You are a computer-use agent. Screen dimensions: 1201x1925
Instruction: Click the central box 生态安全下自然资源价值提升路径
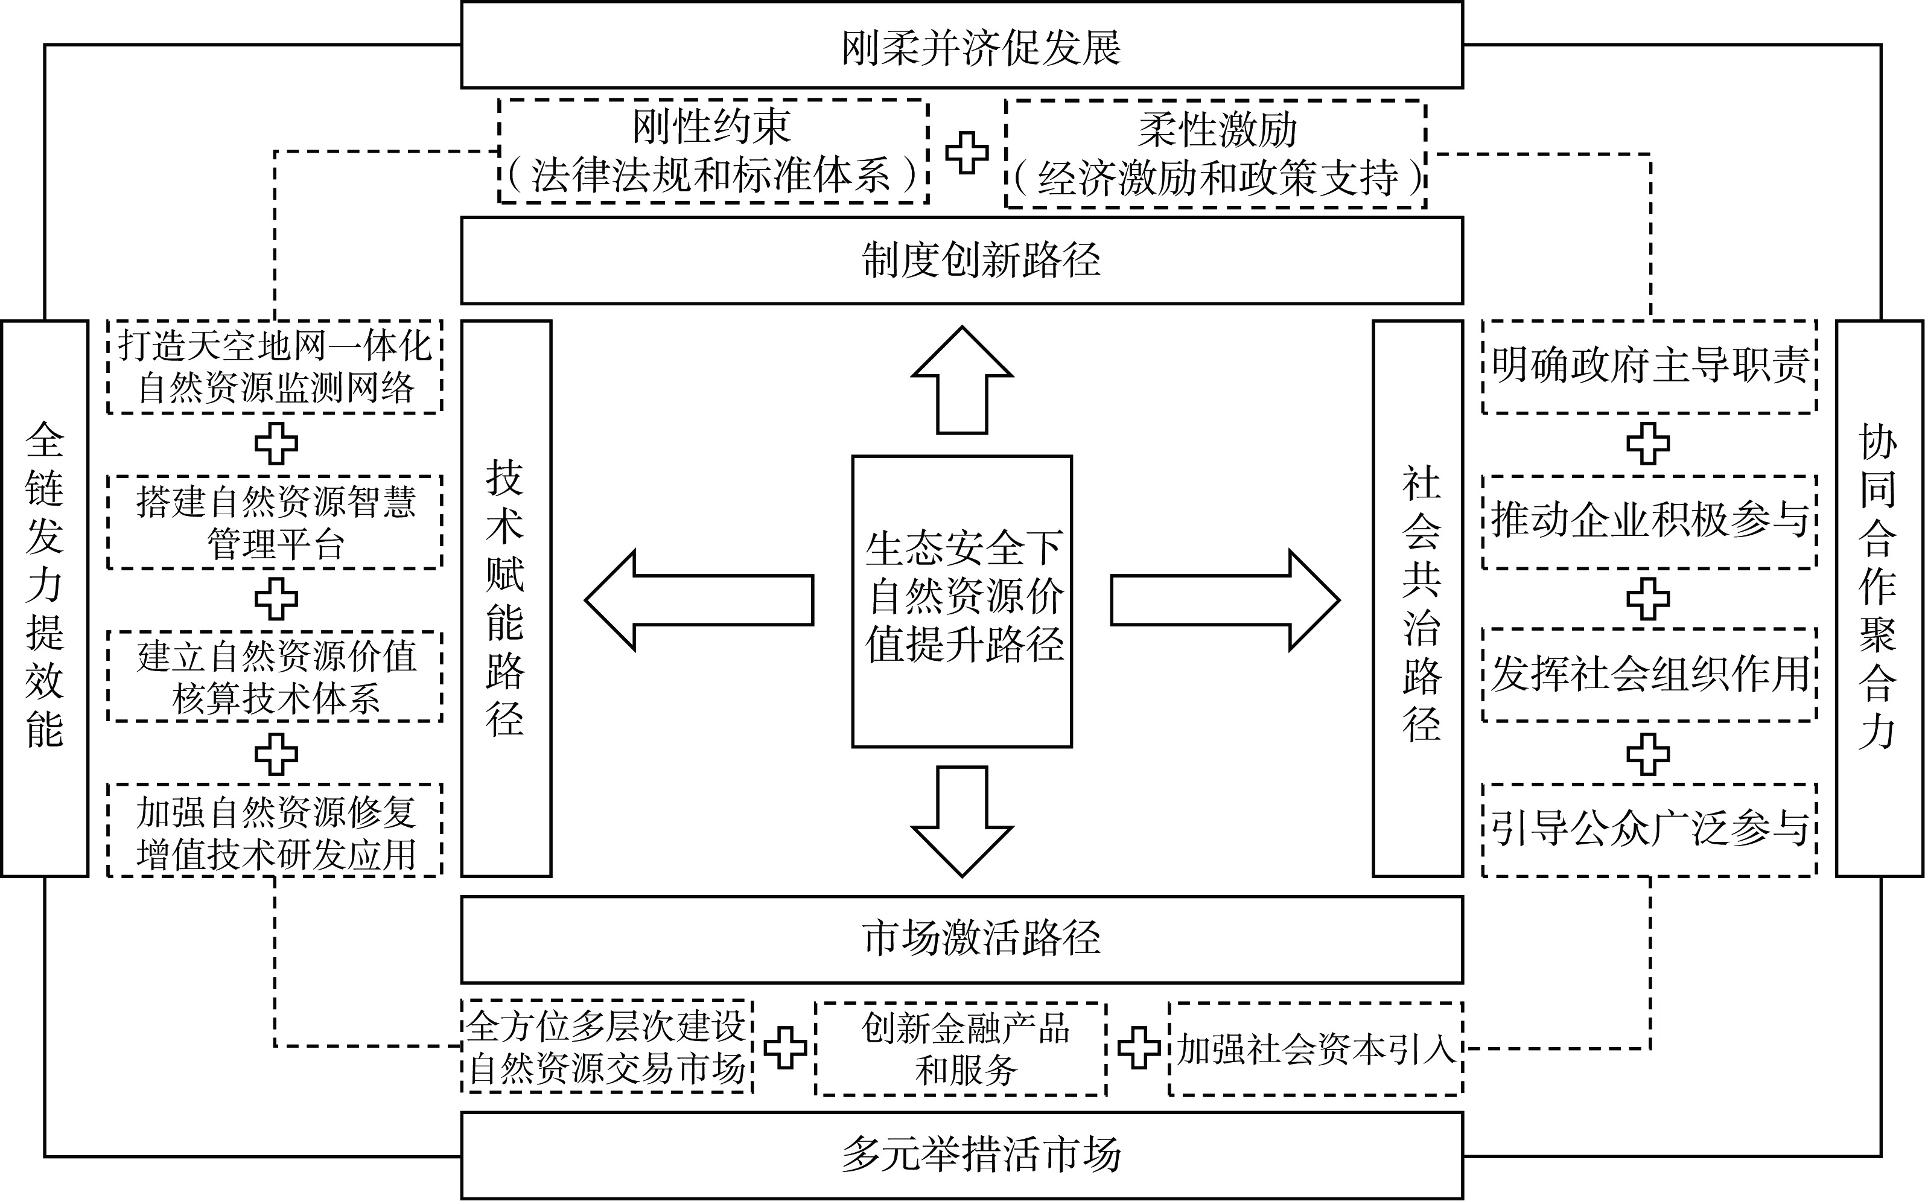coord(962,601)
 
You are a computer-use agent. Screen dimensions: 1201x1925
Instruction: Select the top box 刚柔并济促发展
coord(962,45)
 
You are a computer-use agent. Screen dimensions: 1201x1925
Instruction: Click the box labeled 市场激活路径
coord(962,940)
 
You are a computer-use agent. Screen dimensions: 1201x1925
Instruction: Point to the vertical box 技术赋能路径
coord(506,598)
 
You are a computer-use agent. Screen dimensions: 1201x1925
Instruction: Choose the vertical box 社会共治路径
coord(1417,598)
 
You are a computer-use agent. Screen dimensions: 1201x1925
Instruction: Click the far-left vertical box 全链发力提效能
coord(45,598)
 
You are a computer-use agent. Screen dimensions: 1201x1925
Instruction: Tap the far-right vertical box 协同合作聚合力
coord(1879,598)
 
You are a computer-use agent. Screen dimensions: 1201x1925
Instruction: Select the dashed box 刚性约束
coord(713,151)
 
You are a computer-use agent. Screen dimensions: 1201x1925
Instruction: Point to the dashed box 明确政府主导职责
coord(1649,366)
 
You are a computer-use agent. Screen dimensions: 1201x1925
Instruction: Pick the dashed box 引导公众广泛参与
coord(1649,830)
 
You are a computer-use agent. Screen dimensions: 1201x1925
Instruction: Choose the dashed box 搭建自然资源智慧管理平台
coord(275,522)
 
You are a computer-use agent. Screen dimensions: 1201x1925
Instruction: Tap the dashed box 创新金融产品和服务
coord(961,1048)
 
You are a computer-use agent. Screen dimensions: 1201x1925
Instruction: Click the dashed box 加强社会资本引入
coord(1315,1048)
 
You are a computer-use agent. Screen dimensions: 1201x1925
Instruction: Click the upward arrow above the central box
coord(962,381)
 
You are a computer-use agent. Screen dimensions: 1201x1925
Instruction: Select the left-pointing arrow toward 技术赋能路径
coord(699,600)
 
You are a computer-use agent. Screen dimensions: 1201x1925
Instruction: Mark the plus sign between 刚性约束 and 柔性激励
coord(967,151)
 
